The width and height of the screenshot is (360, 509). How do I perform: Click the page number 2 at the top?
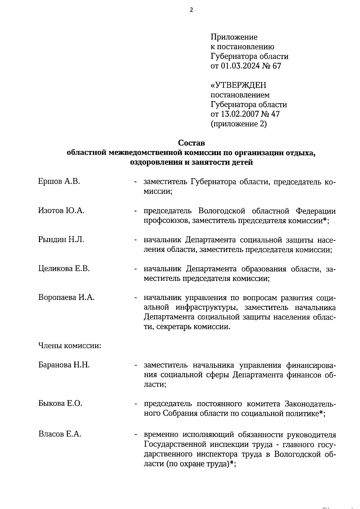point(191,10)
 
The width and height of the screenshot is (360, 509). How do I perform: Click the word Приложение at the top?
point(234,37)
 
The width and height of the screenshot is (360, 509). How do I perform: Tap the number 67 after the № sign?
point(276,66)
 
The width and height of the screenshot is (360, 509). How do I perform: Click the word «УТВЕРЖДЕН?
point(238,85)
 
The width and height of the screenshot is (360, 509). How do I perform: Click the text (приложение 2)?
point(239,124)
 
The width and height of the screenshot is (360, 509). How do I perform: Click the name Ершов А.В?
point(59,181)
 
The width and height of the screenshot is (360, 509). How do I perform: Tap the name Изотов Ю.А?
point(61,210)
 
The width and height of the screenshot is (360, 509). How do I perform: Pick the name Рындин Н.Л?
point(61,239)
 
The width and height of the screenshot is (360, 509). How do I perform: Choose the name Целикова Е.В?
point(64,268)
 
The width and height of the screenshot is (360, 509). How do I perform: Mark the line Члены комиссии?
point(70,346)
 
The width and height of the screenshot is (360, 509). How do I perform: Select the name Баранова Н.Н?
point(64,365)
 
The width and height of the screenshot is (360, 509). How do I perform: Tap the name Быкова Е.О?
point(60,403)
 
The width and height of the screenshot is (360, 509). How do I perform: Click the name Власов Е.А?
point(60,434)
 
